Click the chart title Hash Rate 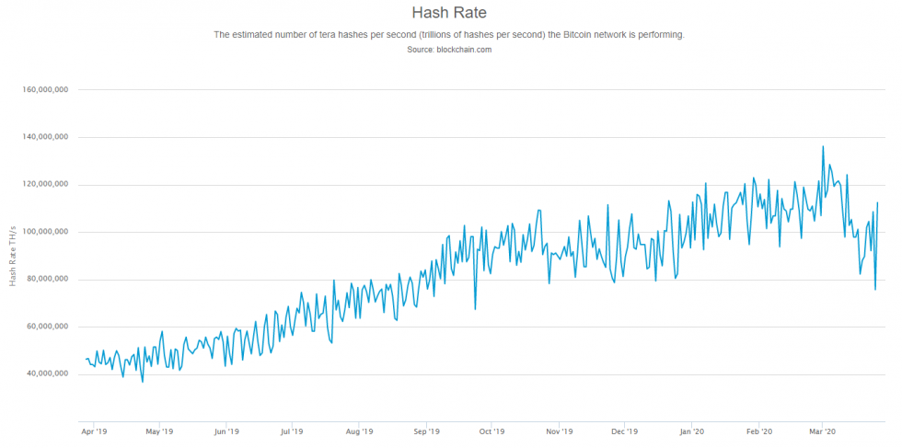click(449, 13)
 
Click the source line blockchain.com click(449, 50)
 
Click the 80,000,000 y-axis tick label click(50, 279)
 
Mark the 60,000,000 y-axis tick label click(50, 327)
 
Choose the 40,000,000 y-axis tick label click(50, 373)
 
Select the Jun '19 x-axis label click(226, 431)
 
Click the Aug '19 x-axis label click(360, 431)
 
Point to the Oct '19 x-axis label click(492, 431)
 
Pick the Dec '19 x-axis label click(625, 431)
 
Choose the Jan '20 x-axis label click(692, 431)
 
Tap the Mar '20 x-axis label click(822, 431)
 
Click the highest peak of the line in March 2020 click(823, 146)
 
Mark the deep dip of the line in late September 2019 click(475, 309)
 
